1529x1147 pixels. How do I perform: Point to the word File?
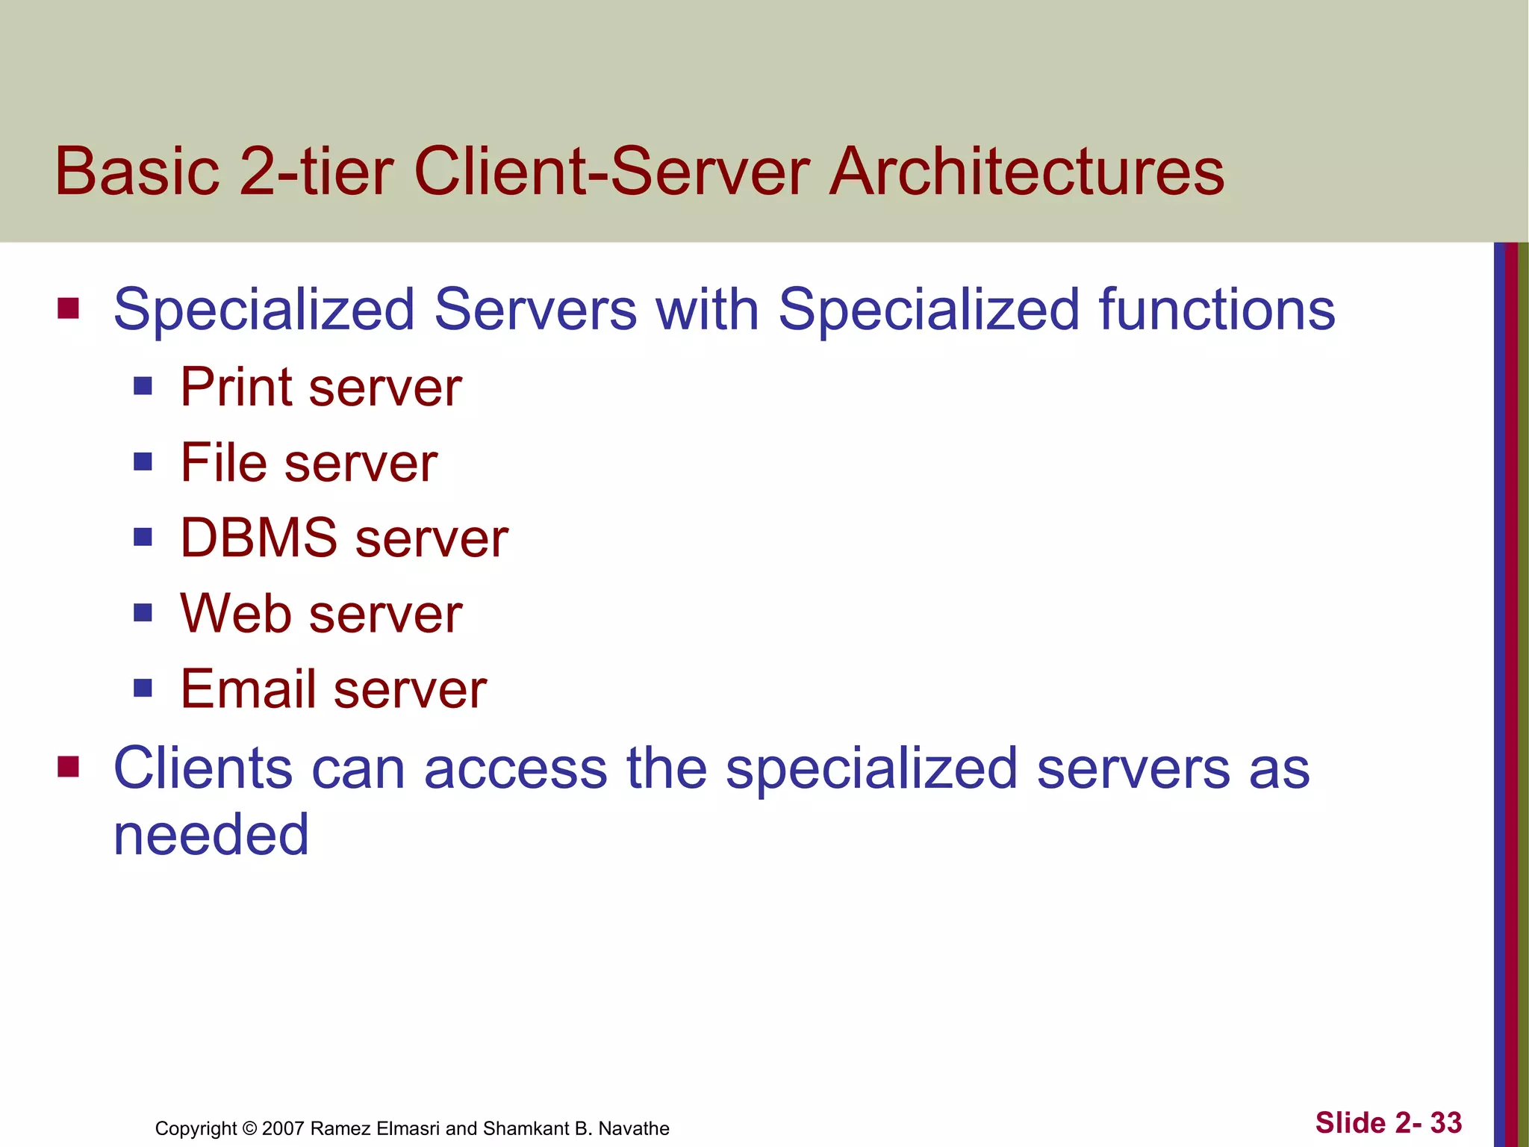point(223,463)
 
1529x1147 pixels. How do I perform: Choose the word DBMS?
point(259,538)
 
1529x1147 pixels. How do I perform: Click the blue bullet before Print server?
point(143,386)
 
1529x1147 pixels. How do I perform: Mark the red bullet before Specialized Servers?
point(69,308)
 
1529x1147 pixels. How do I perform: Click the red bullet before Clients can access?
point(69,767)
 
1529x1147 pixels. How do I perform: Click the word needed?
point(211,835)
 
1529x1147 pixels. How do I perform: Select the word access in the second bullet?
point(515,770)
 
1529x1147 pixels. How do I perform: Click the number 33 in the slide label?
point(1445,1122)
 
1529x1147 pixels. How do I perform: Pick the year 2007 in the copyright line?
point(283,1128)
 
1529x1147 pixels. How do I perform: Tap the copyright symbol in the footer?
point(249,1128)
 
